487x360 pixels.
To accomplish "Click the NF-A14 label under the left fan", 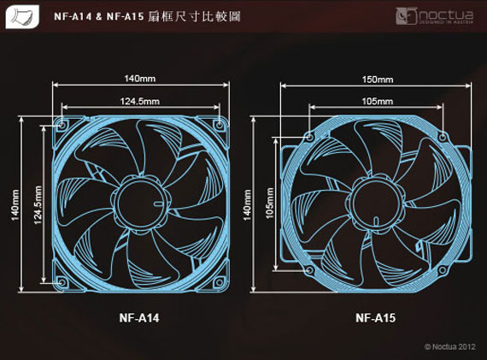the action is [139, 318].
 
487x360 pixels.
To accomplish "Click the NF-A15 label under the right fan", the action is [375, 318].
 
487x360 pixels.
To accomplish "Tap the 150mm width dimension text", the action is [378, 80].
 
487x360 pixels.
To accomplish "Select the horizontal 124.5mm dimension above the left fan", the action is [140, 102].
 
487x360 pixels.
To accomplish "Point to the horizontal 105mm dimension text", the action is [378, 102].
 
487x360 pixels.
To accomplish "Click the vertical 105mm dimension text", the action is [270, 203].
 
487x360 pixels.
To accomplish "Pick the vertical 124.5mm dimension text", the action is [38, 205].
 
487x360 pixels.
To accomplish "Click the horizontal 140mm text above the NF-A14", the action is [140, 79].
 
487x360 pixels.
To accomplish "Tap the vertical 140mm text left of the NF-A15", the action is [247, 205].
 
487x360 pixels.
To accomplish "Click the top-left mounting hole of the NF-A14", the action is [62, 126].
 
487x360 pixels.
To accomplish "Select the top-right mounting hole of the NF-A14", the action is [220, 126].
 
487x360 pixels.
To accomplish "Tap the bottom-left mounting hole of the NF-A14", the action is [62, 282].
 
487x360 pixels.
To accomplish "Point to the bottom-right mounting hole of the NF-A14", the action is [220, 282].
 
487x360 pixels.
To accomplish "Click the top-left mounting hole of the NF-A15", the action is [309, 137].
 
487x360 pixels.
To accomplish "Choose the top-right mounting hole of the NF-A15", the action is [443, 137].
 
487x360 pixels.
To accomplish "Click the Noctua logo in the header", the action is [435, 16].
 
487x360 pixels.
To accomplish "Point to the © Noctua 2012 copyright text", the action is [449, 346].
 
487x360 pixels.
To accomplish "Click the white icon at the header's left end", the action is [22, 16].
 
